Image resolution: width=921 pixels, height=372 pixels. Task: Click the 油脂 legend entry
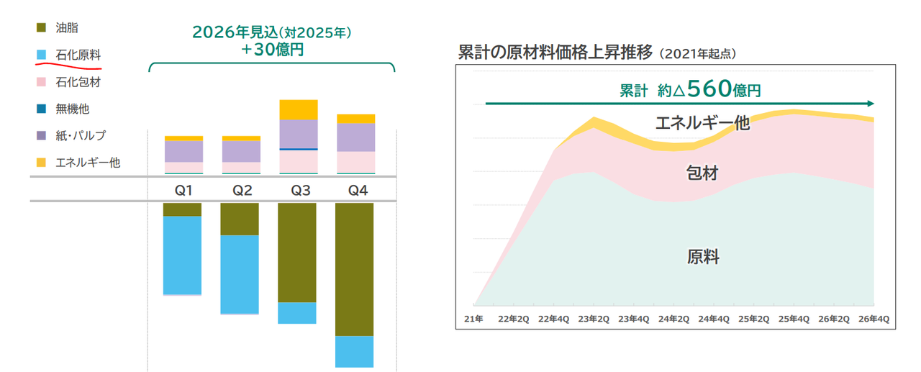66,28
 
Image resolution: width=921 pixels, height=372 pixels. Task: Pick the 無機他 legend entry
72,109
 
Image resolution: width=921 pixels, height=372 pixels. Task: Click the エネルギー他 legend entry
87,163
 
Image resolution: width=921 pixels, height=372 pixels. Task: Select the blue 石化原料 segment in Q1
182,255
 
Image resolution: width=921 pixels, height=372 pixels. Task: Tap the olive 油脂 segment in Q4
354,269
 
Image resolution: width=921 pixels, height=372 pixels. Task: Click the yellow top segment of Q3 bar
297,109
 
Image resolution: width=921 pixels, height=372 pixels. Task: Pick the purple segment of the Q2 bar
240,151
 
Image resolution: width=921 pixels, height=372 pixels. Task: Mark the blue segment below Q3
297,313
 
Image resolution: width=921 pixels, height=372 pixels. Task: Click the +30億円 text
271,51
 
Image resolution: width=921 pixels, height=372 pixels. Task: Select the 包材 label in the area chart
702,173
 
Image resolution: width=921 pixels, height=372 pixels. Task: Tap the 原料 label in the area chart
702,257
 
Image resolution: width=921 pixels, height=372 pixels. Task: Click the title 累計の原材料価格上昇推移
555,53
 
